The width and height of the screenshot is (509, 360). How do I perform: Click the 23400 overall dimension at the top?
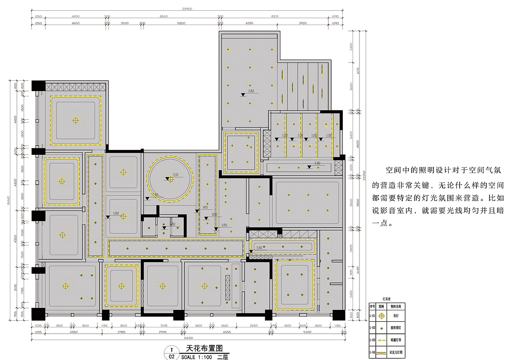pos(187,8)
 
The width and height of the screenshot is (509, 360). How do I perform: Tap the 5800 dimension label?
pos(181,23)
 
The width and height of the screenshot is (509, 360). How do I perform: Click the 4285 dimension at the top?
pos(249,23)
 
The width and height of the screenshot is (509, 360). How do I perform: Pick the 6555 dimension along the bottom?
pos(227,331)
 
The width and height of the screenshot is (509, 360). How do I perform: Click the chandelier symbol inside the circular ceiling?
pos(170,179)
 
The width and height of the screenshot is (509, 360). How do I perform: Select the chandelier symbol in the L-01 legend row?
pos(381,316)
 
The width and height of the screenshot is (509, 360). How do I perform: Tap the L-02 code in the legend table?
pos(372,328)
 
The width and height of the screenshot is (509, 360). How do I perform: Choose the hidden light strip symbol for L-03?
pos(381,340)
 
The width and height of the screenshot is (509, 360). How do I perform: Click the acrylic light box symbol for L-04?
pos(381,352)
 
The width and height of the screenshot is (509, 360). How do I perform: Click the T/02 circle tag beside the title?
pos(172,353)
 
